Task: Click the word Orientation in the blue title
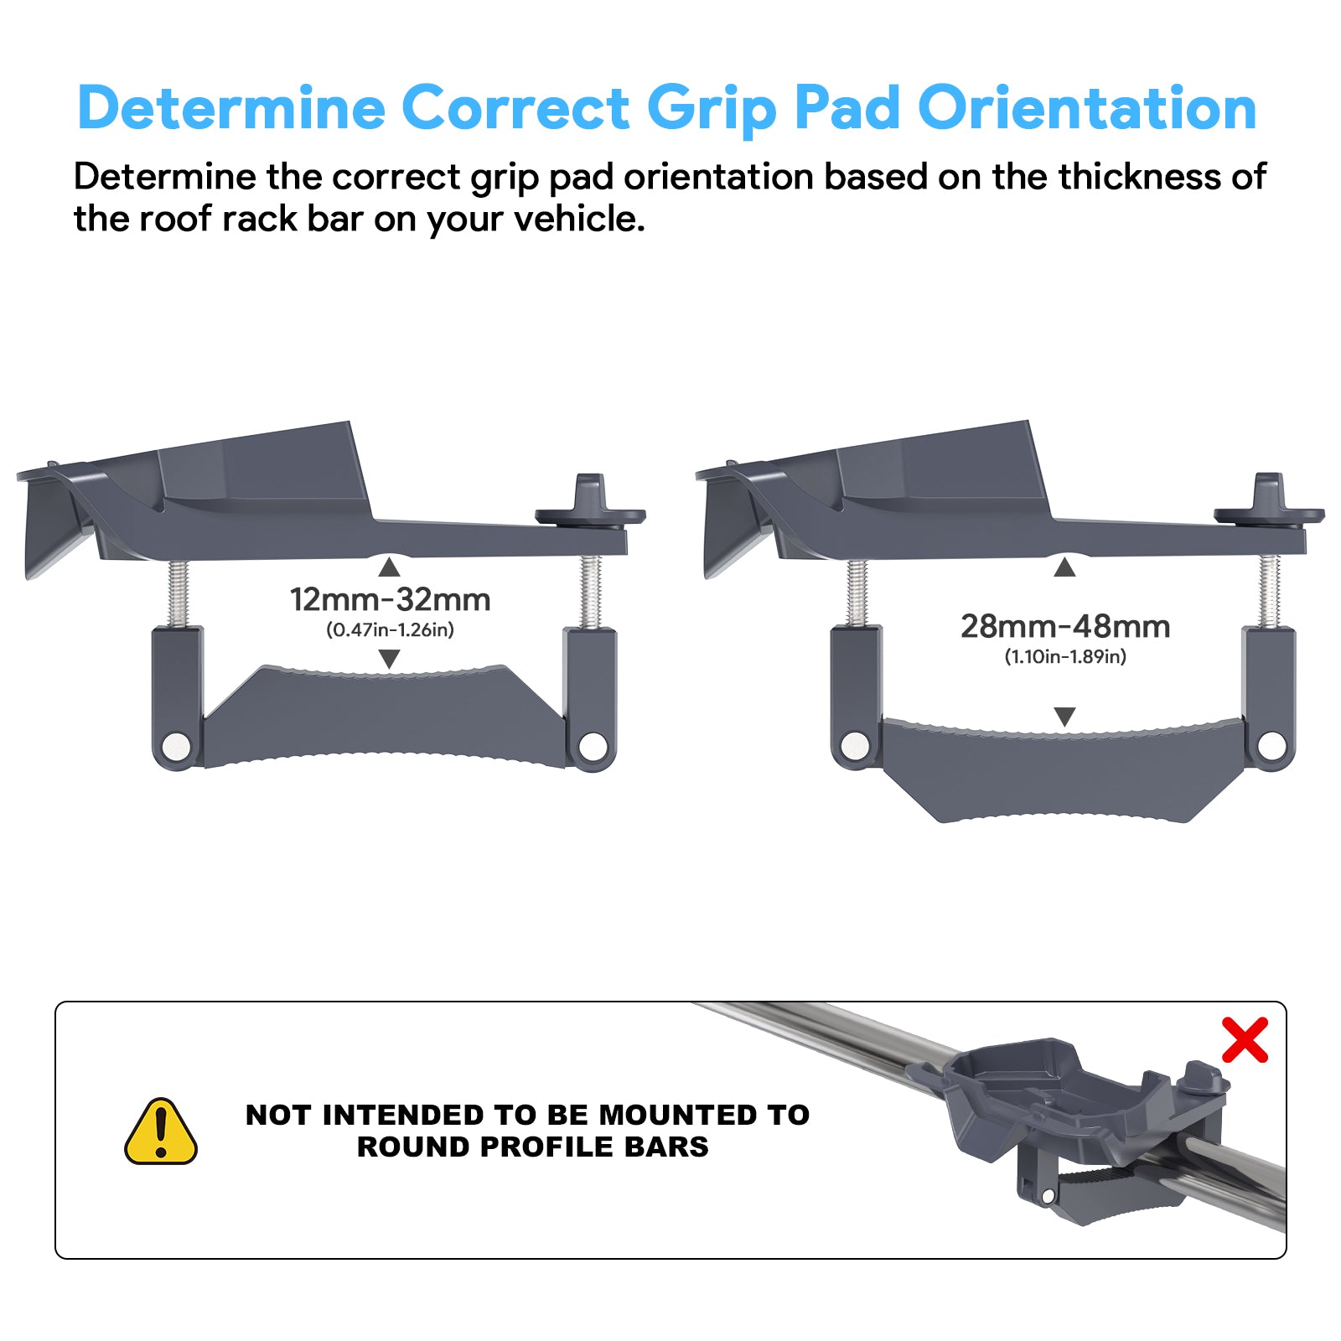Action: pyautogui.click(x=1087, y=109)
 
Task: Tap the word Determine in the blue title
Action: pyautogui.click(x=231, y=109)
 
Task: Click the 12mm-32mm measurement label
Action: pyautogui.click(x=390, y=600)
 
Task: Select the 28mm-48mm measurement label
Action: pyautogui.click(x=1065, y=627)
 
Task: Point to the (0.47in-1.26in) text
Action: pyautogui.click(x=390, y=629)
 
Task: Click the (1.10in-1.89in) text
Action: pyautogui.click(x=1065, y=656)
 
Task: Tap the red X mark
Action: pyautogui.click(x=1245, y=1040)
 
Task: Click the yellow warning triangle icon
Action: pyautogui.click(x=161, y=1131)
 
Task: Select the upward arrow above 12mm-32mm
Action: pyautogui.click(x=389, y=568)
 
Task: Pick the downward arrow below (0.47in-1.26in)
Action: pyautogui.click(x=389, y=659)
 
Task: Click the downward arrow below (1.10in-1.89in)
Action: pyautogui.click(x=1064, y=717)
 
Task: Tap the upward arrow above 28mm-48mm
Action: pyautogui.click(x=1064, y=568)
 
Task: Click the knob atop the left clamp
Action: pyautogui.click(x=590, y=504)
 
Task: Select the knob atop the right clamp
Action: pyautogui.click(x=1269, y=503)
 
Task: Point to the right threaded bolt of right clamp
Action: pyautogui.click(x=1270, y=592)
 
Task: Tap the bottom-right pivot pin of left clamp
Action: pyautogui.click(x=593, y=745)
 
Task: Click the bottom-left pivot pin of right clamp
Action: pyautogui.click(x=856, y=746)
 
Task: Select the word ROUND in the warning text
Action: pyautogui.click(x=414, y=1147)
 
